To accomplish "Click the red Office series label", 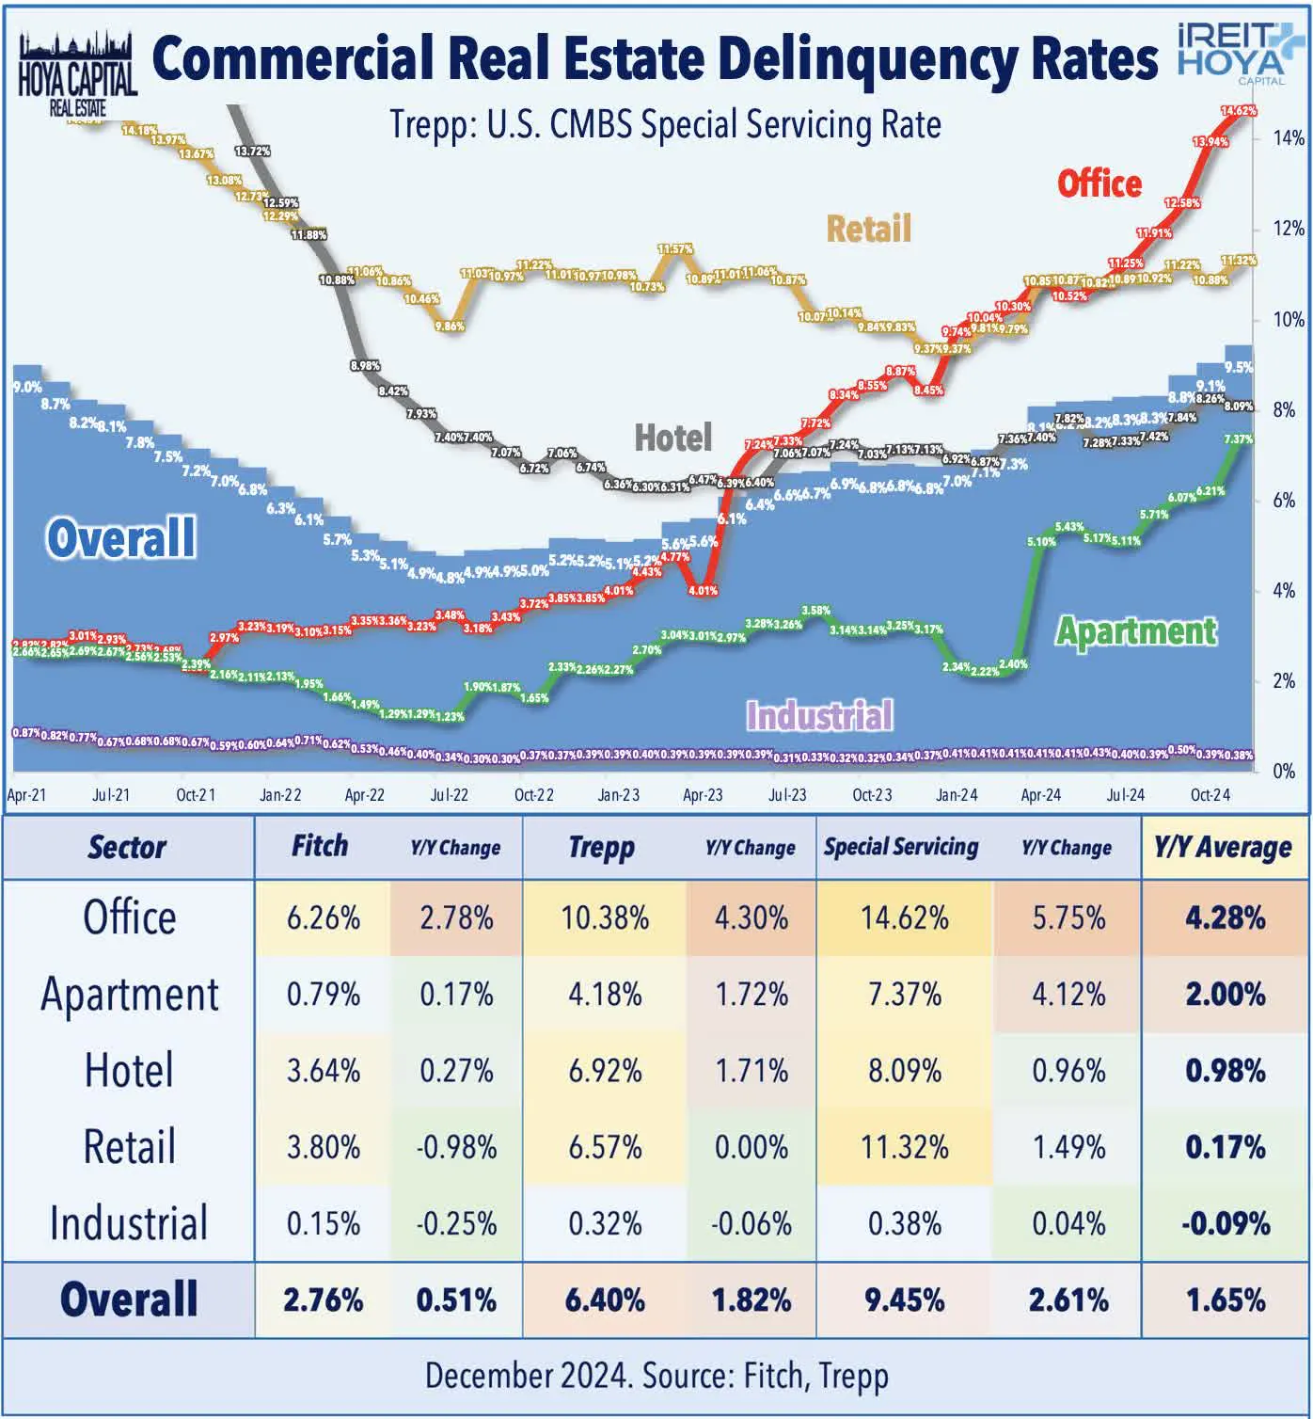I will point(1099,183).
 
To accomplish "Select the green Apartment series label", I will point(1135,631).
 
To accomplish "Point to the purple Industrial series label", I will point(818,716).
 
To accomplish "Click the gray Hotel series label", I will point(672,438).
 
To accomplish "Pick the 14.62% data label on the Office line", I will point(1237,111).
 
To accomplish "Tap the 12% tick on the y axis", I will point(1289,229).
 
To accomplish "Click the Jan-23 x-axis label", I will point(618,795).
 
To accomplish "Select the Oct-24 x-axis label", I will point(1210,795).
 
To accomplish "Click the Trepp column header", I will point(601,847).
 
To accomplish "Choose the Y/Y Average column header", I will point(1222,848).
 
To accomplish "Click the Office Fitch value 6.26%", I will point(323,918).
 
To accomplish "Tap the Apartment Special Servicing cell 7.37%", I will point(904,995).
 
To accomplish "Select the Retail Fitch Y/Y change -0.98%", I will point(456,1147).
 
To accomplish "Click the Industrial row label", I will point(129,1223).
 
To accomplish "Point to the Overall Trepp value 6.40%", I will point(604,1300).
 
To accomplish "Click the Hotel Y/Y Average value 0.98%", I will point(1225,1071).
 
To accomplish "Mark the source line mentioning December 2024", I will point(656,1376).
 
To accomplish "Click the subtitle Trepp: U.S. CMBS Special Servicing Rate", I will point(665,125).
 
